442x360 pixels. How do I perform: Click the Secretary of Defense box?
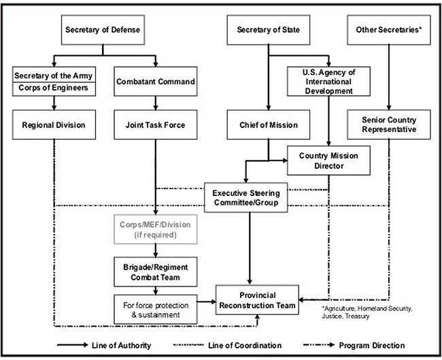click(x=103, y=30)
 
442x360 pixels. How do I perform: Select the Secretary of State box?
click(x=269, y=30)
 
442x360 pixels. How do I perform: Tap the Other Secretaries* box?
click(x=389, y=30)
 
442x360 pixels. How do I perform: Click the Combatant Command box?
click(x=156, y=82)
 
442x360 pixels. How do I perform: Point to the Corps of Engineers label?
click(x=54, y=88)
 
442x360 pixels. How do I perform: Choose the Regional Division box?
click(x=54, y=125)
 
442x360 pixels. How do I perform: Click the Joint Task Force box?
click(x=156, y=125)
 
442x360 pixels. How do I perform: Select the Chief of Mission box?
click(x=269, y=125)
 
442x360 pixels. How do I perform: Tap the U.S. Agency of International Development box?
click(x=328, y=82)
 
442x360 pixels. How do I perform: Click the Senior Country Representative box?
click(x=389, y=125)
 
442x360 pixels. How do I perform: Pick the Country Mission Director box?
click(x=328, y=161)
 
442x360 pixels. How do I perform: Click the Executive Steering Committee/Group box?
click(x=245, y=197)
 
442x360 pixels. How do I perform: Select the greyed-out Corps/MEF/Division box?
click(x=156, y=229)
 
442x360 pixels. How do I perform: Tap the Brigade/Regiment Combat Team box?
click(x=156, y=272)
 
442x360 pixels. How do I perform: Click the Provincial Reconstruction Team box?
click(x=257, y=300)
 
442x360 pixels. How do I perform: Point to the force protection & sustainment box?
click(x=156, y=310)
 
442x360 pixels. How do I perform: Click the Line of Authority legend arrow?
click(x=73, y=345)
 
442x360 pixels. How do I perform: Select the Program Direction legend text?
click(x=372, y=345)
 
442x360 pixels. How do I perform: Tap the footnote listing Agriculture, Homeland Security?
click(x=367, y=312)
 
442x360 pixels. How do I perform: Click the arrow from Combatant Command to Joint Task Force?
click(x=156, y=103)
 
